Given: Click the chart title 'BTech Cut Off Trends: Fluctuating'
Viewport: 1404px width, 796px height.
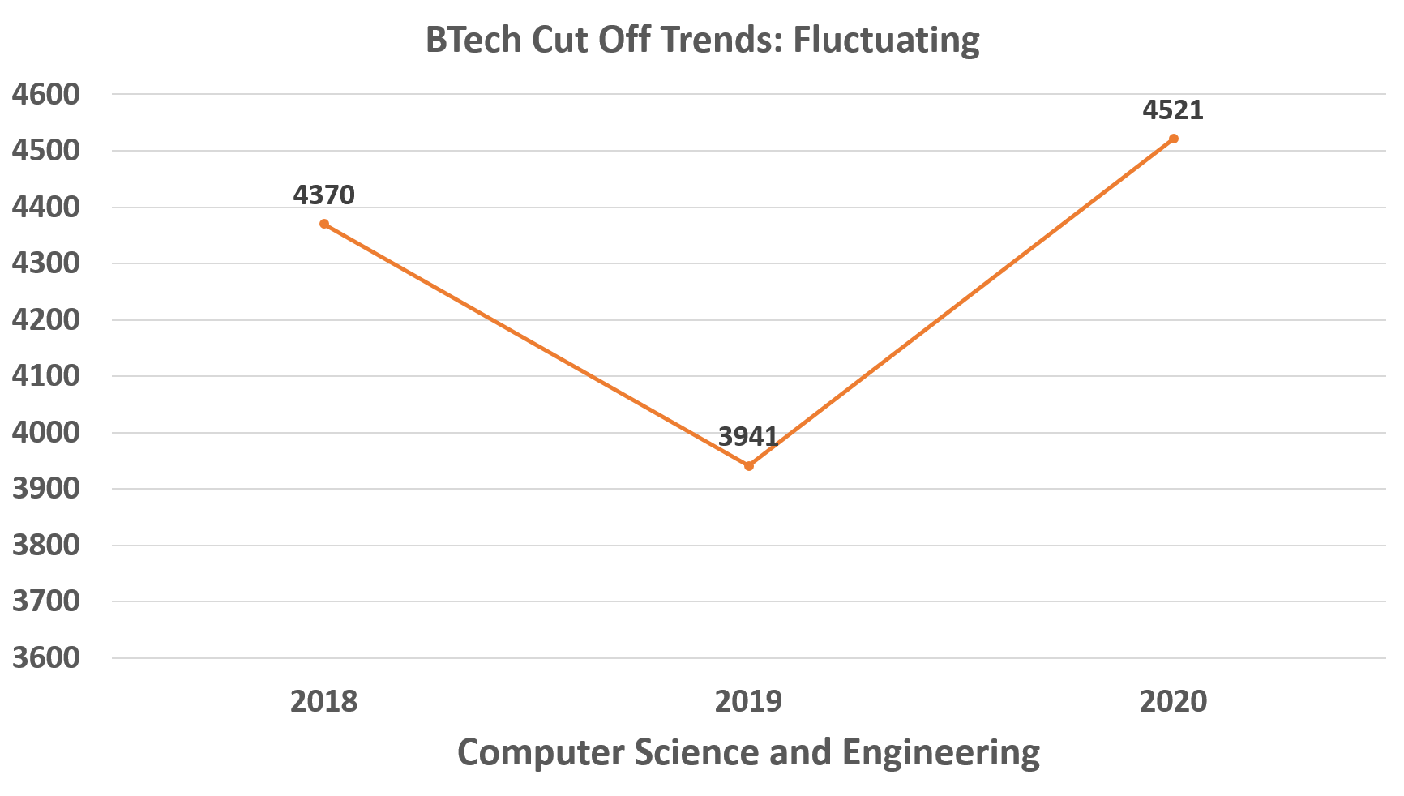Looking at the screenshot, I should [x=702, y=40].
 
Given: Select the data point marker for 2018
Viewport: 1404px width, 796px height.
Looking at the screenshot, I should [x=324, y=224].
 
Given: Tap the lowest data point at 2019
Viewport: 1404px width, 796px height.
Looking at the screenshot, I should [x=749, y=466].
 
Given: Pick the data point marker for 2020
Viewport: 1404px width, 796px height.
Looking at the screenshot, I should [x=1173, y=139].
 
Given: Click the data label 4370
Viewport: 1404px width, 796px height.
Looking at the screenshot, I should [x=324, y=195].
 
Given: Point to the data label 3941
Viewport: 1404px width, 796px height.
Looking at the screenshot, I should [x=749, y=437].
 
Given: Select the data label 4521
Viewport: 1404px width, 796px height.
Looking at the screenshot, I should [x=1173, y=109].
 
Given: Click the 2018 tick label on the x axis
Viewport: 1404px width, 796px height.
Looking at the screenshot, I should [x=324, y=700].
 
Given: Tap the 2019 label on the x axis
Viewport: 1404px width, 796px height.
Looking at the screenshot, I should [x=749, y=700].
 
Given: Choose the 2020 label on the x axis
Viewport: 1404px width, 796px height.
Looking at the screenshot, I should [x=1173, y=700].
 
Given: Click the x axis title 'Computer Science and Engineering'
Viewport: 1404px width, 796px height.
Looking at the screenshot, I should [x=748, y=752].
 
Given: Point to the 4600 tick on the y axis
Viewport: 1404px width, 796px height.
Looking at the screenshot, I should [x=46, y=95].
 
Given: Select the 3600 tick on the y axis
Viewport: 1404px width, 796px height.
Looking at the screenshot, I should [x=46, y=657].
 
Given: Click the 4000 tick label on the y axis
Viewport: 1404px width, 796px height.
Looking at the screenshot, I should [x=46, y=432].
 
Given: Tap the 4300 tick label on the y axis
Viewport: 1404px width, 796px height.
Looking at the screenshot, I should [x=46, y=263].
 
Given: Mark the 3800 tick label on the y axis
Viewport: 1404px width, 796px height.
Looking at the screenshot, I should [x=46, y=545].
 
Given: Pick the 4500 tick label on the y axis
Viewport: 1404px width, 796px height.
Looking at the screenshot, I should [x=46, y=151].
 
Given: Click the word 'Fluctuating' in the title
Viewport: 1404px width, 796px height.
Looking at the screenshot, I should [x=886, y=40].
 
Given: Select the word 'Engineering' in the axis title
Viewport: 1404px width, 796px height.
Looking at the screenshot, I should [x=941, y=752].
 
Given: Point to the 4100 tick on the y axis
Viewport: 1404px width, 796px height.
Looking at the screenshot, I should [x=46, y=376].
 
